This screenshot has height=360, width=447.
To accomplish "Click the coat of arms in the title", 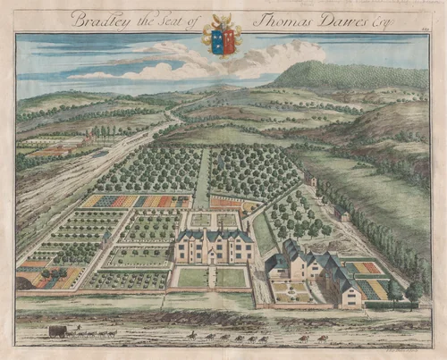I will (222, 35).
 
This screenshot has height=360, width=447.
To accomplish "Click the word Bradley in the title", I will (101, 20).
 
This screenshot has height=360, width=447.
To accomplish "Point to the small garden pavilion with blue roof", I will (106, 239).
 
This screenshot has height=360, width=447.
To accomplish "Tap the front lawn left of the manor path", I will (192, 278).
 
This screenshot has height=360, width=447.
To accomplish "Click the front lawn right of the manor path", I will (231, 278).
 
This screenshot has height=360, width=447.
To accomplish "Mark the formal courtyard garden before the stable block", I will (291, 291).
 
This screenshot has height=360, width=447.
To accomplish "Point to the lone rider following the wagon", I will (191, 335).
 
